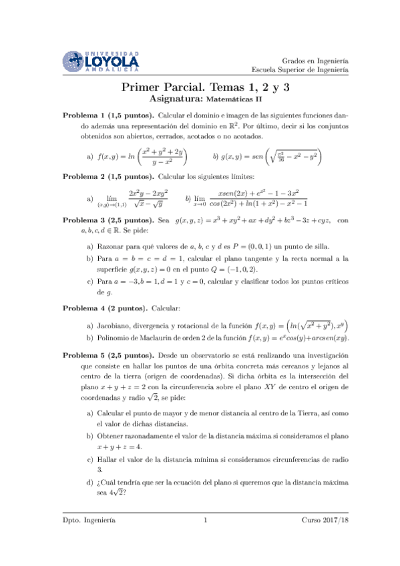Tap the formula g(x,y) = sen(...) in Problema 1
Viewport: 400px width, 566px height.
pos(268,157)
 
